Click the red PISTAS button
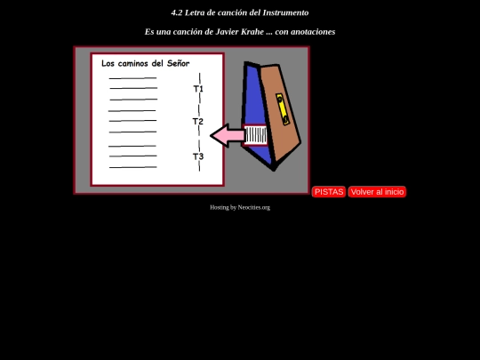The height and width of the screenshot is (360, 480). [329, 192]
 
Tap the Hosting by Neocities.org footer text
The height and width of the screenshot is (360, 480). [240, 207]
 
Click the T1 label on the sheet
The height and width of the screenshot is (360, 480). [198, 89]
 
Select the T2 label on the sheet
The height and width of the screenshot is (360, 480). [197, 122]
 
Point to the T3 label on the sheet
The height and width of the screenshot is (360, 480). [198, 156]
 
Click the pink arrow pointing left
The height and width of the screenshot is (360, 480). [228, 135]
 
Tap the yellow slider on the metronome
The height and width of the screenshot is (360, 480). [283, 109]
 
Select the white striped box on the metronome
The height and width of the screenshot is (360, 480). [256, 135]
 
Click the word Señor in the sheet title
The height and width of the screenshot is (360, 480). [178, 63]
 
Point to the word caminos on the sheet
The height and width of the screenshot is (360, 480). [133, 63]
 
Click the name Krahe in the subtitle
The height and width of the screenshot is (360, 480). [252, 31]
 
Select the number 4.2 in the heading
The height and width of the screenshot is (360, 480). [177, 12]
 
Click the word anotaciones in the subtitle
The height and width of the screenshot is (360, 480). [313, 32]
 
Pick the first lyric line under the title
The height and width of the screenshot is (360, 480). [132, 78]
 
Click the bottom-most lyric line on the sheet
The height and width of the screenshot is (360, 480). [133, 167]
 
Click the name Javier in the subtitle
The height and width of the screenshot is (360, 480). [227, 31]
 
